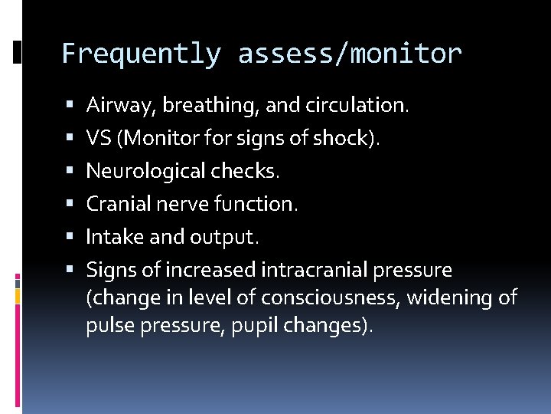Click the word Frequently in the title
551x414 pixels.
coord(141,54)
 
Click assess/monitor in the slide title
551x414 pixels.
coord(350,54)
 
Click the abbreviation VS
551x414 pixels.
coord(99,138)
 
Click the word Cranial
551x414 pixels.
coord(114,204)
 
